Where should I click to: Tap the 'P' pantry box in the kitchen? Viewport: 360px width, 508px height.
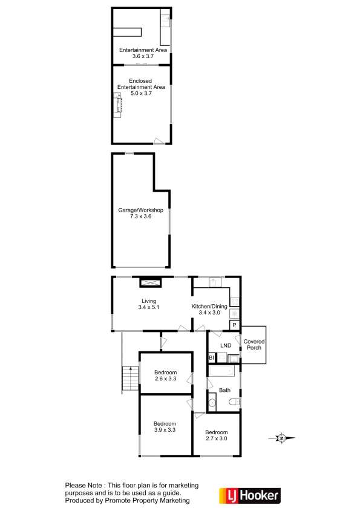(234, 325)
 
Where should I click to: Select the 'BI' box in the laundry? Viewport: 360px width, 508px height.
(212, 358)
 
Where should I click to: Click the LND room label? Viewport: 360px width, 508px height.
(225, 345)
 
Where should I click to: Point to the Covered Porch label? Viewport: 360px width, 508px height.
(254, 345)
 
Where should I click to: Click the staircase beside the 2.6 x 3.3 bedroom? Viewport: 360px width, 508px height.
(129, 379)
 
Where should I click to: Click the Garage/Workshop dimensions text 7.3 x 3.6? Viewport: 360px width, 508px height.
(140, 216)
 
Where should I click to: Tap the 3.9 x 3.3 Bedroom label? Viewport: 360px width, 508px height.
(165, 427)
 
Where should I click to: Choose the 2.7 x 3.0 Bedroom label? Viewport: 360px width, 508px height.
(216, 436)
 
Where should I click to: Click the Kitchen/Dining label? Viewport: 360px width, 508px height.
(209, 307)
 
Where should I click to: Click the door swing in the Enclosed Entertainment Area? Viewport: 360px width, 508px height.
(159, 140)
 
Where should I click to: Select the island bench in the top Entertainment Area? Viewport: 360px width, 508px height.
(129, 31)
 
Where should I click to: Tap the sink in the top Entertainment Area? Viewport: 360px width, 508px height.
(165, 21)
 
